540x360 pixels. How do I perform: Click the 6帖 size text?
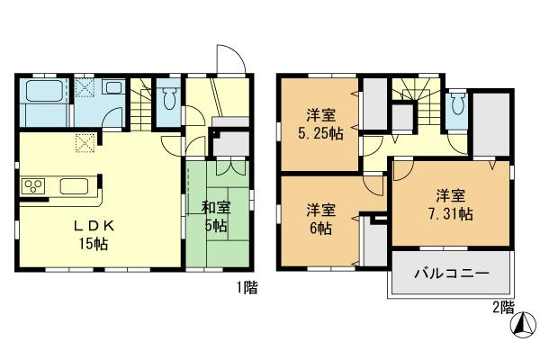click(x=320, y=229)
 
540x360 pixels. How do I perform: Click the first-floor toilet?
click(x=168, y=97)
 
